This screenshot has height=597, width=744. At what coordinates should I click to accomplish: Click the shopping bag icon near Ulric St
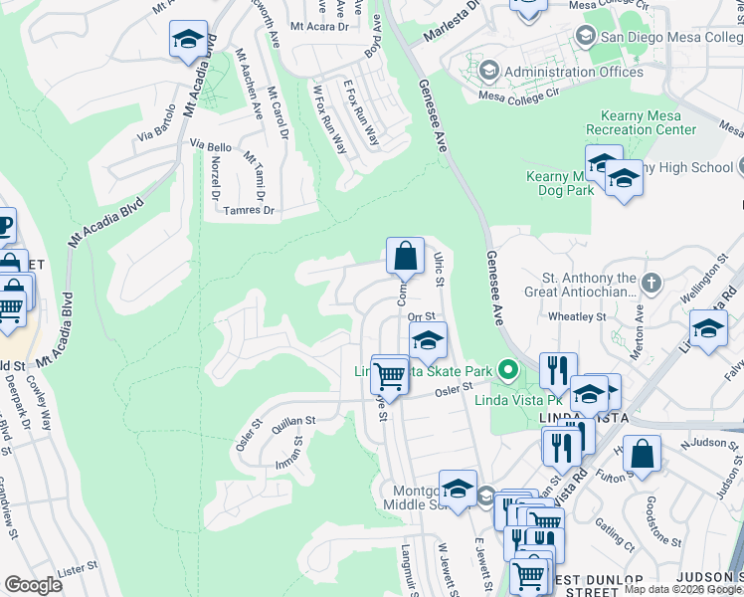click(405, 257)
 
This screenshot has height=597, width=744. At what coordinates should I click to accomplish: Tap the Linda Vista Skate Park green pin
click(508, 372)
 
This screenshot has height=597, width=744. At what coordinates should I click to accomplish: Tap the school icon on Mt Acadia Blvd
click(188, 40)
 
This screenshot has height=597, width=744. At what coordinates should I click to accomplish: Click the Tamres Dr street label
click(249, 210)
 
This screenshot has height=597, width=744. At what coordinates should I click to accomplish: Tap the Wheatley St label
click(578, 317)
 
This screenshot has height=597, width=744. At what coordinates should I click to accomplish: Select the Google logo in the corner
click(33, 585)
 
